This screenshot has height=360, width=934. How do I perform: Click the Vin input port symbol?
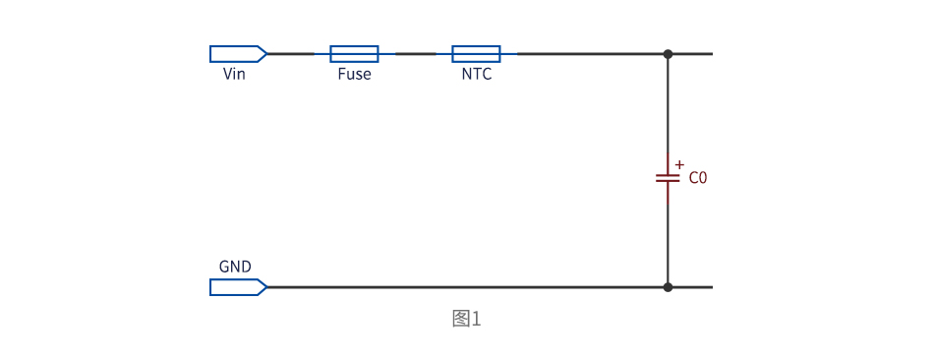point(238,54)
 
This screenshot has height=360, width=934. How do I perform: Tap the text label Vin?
point(234,75)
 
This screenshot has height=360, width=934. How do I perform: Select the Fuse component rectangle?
point(354,54)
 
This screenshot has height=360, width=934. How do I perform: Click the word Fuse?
point(354,75)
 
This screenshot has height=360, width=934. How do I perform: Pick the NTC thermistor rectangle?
point(476,54)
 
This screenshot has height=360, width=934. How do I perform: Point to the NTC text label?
point(477,75)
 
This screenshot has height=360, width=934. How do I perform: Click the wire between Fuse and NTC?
point(415,54)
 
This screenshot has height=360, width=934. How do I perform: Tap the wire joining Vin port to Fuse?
point(299,54)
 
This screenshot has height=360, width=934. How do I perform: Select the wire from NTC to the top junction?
point(584,54)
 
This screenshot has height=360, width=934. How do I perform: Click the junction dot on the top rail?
point(668,54)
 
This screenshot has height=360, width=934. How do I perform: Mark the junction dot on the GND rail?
point(668,287)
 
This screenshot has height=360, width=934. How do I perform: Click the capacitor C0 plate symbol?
point(668,178)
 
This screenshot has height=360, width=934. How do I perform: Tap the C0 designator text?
point(697,178)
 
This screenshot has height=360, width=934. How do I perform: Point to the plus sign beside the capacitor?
point(679,164)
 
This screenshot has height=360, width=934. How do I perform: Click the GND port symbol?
point(238,287)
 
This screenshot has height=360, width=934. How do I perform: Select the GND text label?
point(235,267)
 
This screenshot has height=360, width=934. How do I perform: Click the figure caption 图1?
point(466,319)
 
